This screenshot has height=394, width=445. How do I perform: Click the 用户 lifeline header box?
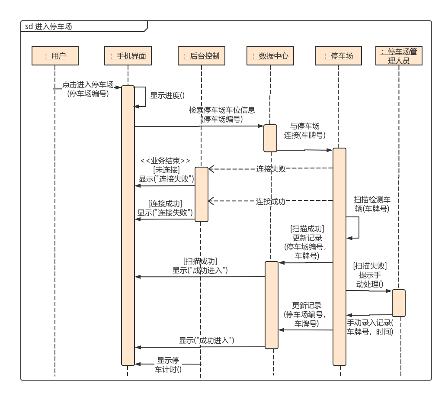pyautogui.click(x=55, y=55)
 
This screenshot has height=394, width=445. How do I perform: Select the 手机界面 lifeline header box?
pyautogui.click(x=128, y=55)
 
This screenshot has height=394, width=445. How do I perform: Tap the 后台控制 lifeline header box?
pyautogui.click(x=201, y=55)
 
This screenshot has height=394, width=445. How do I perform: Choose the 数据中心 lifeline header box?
pyautogui.click(x=270, y=55)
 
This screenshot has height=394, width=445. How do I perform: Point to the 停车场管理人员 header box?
pyautogui.click(x=399, y=56)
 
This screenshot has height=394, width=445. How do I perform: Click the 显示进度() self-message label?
pyautogui.click(x=164, y=96)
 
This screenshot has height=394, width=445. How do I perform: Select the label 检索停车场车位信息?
pyautogui.click(x=221, y=110)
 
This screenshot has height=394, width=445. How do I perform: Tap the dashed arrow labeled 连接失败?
pyautogui.click(x=271, y=169)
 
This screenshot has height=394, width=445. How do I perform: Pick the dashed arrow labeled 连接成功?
pyautogui.click(x=271, y=201)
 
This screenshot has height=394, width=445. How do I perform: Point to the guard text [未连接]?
pyautogui.click(x=166, y=169)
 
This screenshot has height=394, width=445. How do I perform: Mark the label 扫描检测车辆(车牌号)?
pyautogui.click(x=372, y=204)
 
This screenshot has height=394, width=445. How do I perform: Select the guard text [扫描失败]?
pyautogui.click(x=370, y=265)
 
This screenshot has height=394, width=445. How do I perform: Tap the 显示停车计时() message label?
pyautogui.click(x=168, y=365)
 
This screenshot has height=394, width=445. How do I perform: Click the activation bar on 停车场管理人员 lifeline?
pyautogui.click(x=399, y=303)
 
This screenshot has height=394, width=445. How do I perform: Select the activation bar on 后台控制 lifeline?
pyautogui.click(x=201, y=194)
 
